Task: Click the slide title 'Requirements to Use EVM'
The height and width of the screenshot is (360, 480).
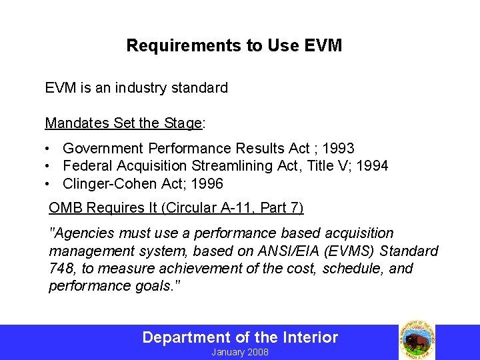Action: pyautogui.click(x=234, y=45)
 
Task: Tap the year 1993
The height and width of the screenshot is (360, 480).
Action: pyautogui.click(x=337, y=148)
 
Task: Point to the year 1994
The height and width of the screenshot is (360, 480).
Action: pyautogui.click(x=371, y=166)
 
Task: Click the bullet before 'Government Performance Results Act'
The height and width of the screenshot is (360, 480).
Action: pyautogui.click(x=49, y=148)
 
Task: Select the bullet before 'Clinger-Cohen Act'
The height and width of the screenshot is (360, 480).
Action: pyautogui.click(x=49, y=184)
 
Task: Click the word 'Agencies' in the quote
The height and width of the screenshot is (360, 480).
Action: pyautogui.click(x=85, y=233)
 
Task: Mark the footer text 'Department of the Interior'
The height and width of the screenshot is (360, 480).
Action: pyautogui.click(x=240, y=337)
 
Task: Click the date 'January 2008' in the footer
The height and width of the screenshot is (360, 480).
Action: pyautogui.click(x=240, y=352)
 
